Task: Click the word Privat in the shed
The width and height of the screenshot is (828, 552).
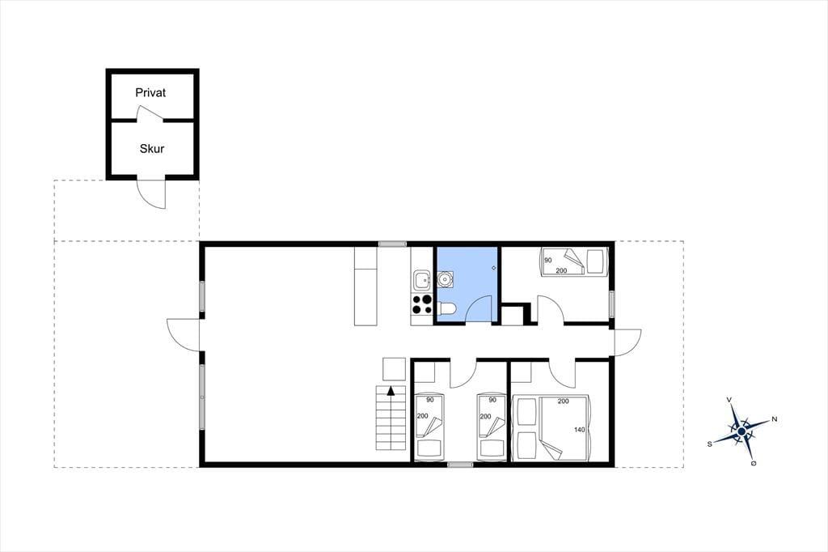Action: click(x=150, y=92)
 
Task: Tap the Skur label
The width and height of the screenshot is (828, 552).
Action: click(x=151, y=149)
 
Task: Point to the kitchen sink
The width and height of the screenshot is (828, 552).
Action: click(x=422, y=279)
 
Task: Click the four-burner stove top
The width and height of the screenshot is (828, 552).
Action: click(x=422, y=304)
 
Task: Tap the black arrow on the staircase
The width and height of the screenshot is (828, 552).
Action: click(x=391, y=391)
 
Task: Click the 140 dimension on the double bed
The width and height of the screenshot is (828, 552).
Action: click(x=579, y=430)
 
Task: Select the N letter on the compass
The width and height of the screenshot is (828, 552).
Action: click(x=775, y=419)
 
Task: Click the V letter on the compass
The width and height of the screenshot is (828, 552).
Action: click(x=729, y=400)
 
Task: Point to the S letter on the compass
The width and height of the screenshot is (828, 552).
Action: click(x=710, y=444)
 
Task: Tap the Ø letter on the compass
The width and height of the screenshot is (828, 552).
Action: click(x=753, y=464)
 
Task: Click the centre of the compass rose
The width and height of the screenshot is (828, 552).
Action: click(x=741, y=432)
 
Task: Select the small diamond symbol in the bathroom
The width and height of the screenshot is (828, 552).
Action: click(x=494, y=268)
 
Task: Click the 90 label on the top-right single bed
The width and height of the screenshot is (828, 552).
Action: click(x=548, y=260)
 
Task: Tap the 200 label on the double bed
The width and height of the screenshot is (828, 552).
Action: click(x=563, y=401)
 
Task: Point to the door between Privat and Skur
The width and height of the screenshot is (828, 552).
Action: click(x=150, y=113)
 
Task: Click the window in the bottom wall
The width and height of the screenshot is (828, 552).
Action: click(x=460, y=465)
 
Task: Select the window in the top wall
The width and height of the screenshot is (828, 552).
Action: click(x=392, y=244)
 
